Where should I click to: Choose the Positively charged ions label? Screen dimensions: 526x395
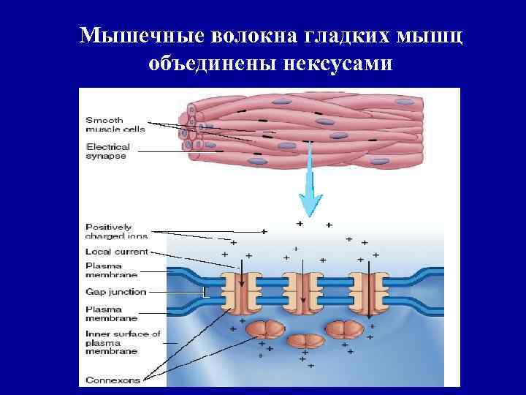(117, 231)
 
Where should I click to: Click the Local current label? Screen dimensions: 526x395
(117, 252)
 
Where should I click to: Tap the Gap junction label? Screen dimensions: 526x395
(115, 292)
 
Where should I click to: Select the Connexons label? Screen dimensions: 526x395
(113, 380)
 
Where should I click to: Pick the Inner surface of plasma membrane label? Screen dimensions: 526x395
(122, 343)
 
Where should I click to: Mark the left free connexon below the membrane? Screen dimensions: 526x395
(266, 328)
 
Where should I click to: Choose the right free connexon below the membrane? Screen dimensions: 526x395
(343, 328)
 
